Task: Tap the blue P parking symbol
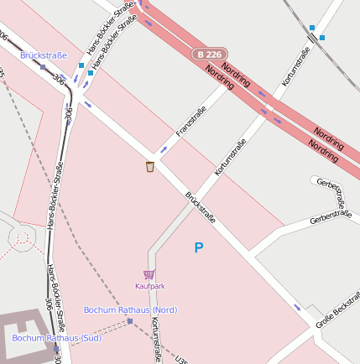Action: pyautogui.click(x=199, y=248)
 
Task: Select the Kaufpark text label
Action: pyautogui.click(x=150, y=286)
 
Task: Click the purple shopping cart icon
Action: pyautogui.click(x=149, y=274)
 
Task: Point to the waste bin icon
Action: pyautogui.click(x=150, y=166)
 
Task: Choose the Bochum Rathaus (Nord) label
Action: pyautogui.click(x=130, y=310)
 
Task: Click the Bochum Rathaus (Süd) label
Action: pyautogui.click(x=56, y=338)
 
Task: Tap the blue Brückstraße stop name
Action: pyautogui.click(x=44, y=55)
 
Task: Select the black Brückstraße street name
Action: pyautogui.click(x=201, y=207)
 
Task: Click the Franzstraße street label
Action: pyautogui.click(x=191, y=122)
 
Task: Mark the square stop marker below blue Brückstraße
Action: pyautogui.click(x=43, y=66)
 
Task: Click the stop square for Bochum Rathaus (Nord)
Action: pyautogui.click(x=129, y=321)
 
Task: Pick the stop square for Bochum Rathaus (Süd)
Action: pyautogui.click(x=55, y=348)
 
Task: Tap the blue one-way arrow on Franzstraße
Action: pyautogui.click(x=163, y=149)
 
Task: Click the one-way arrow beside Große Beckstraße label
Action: pyautogui.click(x=296, y=306)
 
